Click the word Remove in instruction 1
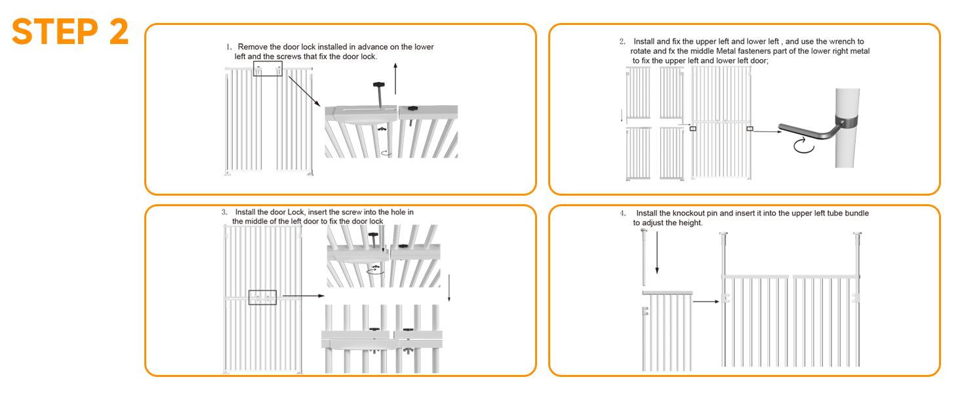pos(252,47)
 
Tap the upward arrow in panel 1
pos(395,79)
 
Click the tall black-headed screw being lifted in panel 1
pos(380,93)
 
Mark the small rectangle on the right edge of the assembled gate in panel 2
pos(750,129)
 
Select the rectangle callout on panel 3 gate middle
pos(262,297)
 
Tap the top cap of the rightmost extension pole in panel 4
pos(857,233)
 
